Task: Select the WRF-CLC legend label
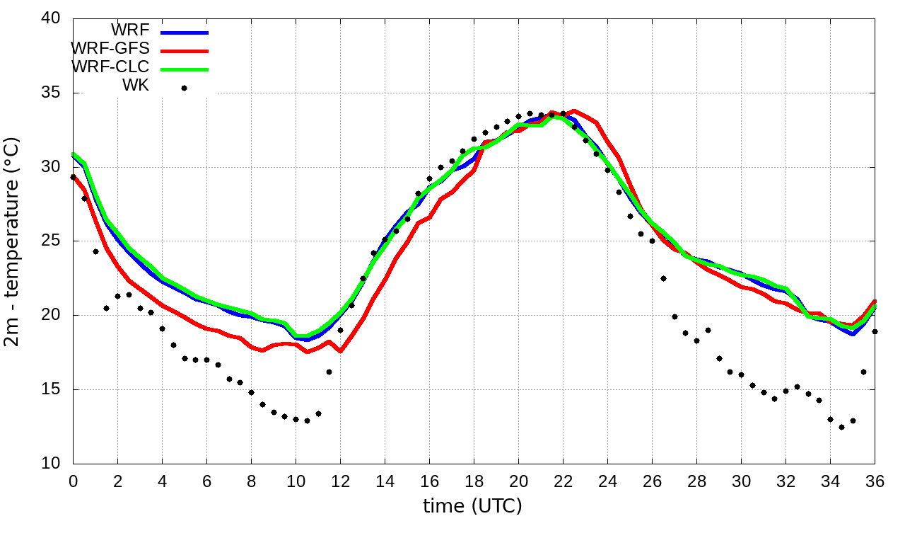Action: tap(110, 67)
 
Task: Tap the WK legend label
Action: tap(136, 86)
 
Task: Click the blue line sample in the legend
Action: tap(185, 33)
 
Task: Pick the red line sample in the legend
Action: tap(185, 51)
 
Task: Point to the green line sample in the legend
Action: tap(185, 69)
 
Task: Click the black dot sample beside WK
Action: tap(184, 88)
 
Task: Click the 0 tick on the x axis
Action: tap(73, 481)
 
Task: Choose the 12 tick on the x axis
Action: tap(340, 481)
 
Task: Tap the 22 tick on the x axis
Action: tap(563, 481)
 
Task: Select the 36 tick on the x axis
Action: tap(875, 481)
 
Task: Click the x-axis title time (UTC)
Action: tap(472, 506)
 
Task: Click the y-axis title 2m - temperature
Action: tap(13, 241)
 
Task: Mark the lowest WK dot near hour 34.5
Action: tap(841, 427)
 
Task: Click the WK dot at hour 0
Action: tap(73, 177)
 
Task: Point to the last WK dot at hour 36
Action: tap(875, 331)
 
